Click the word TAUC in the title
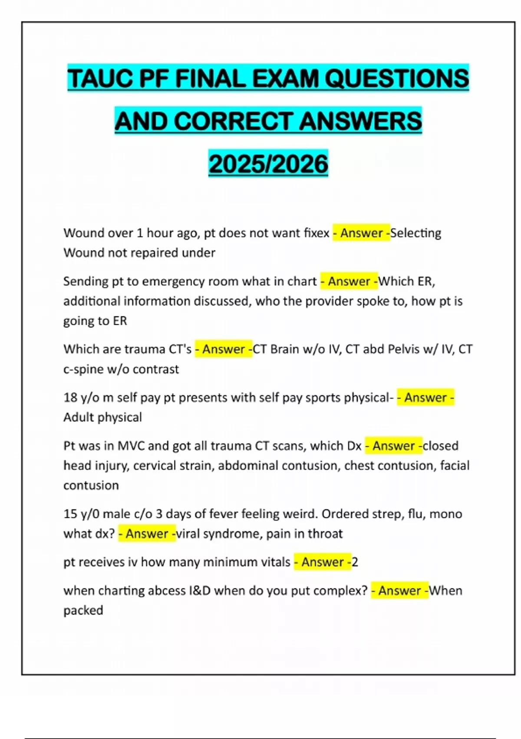coord(100,79)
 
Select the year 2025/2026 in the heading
coord(268,164)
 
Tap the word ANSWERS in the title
coord(360,121)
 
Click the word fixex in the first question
coord(317,233)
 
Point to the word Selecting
coord(415,233)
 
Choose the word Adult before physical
coord(81,417)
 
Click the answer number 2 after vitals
coord(355,562)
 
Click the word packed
coord(83,611)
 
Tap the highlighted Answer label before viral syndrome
coord(147,534)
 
